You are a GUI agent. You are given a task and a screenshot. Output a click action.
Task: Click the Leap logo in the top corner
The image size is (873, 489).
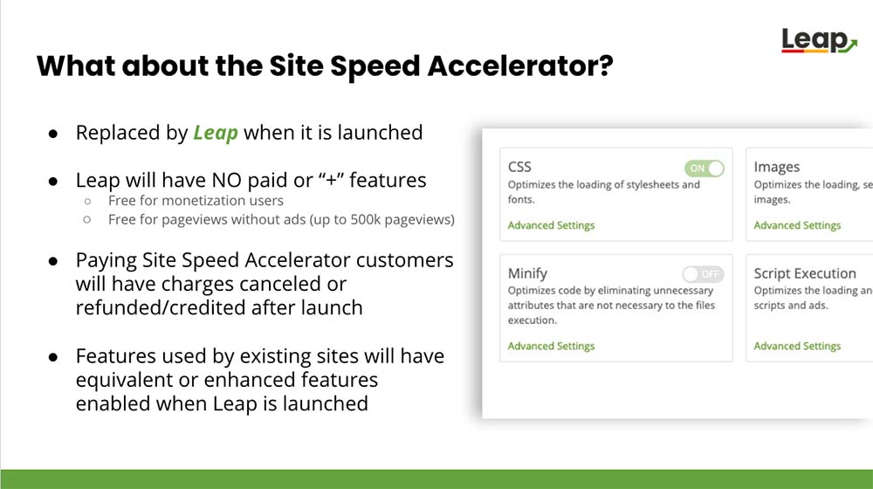click(x=819, y=41)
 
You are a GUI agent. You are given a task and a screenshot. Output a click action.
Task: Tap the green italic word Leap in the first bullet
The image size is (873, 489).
click(x=216, y=133)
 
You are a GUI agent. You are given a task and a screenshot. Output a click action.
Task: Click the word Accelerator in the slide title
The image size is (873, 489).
click(x=520, y=65)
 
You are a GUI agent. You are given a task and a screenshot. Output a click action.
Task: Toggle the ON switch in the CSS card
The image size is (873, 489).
click(x=705, y=169)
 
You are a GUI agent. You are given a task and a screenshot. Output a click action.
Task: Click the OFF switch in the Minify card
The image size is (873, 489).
click(x=703, y=274)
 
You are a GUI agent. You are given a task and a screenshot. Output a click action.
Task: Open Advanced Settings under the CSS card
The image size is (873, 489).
click(x=551, y=225)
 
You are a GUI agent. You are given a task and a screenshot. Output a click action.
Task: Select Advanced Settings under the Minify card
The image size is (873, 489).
click(x=551, y=346)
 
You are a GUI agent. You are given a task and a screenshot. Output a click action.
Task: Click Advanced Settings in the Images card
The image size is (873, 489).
click(x=797, y=225)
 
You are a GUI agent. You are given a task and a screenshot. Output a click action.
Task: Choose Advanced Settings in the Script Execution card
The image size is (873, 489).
click(x=797, y=346)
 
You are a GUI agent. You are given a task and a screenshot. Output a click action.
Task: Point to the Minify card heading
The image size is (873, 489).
click(x=527, y=273)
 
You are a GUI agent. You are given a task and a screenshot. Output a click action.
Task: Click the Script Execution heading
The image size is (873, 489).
click(x=805, y=273)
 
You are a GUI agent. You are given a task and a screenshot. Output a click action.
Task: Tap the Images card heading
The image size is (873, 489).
click(x=777, y=167)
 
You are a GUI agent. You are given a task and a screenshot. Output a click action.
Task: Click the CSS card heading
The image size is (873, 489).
click(x=519, y=167)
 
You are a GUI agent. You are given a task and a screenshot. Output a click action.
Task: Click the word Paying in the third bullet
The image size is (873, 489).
click(x=106, y=260)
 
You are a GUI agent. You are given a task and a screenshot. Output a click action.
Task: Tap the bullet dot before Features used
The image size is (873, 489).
click(x=53, y=356)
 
